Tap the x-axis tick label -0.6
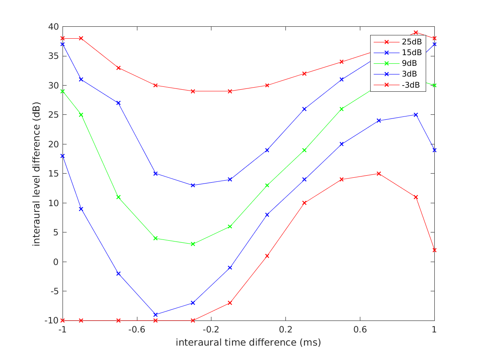[x=137, y=330]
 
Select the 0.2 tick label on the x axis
[x=285, y=330]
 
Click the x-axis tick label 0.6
[x=360, y=330]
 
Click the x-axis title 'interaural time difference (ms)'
[x=248, y=342]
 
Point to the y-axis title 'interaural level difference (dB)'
[x=37, y=174]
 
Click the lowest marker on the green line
[x=193, y=244]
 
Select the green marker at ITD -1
[x=63, y=91]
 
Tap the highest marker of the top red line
[x=416, y=33]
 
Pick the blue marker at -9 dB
[x=155, y=315]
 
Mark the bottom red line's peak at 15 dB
[x=379, y=174]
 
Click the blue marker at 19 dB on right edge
[x=434, y=150]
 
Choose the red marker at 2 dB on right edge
[x=434, y=250]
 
